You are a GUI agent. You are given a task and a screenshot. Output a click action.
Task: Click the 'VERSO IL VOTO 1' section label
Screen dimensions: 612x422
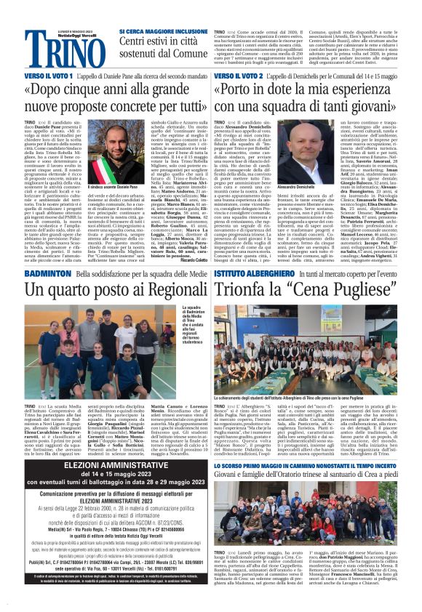coord(47,76)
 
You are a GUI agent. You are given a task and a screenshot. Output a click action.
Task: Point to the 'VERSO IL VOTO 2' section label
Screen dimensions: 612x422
coord(236,76)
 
